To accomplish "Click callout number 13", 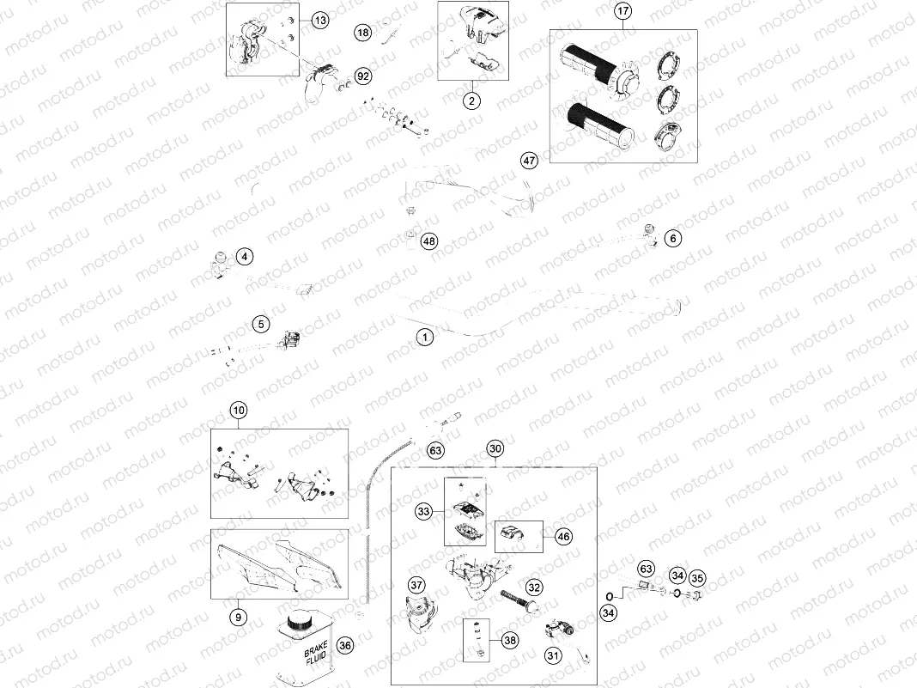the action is click(319, 20).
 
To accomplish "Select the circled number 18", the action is click(363, 33).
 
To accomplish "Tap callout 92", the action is click(363, 76).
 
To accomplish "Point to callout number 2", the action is click(471, 100).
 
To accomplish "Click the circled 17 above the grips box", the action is click(622, 12).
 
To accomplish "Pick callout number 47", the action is click(529, 160).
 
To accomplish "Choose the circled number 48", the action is click(429, 241).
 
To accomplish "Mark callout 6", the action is click(673, 238).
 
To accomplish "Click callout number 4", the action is click(245, 256).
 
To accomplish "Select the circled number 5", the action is click(261, 324).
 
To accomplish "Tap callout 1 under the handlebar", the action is click(423, 337).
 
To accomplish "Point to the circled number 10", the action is click(238, 411).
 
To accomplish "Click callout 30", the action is click(495, 448).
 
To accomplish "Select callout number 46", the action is click(562, 536).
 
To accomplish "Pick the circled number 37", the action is click(416, 585).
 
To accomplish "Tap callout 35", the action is click(697, 577).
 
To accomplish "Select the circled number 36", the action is click(345, 645).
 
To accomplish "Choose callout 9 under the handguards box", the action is click(240, 616).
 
